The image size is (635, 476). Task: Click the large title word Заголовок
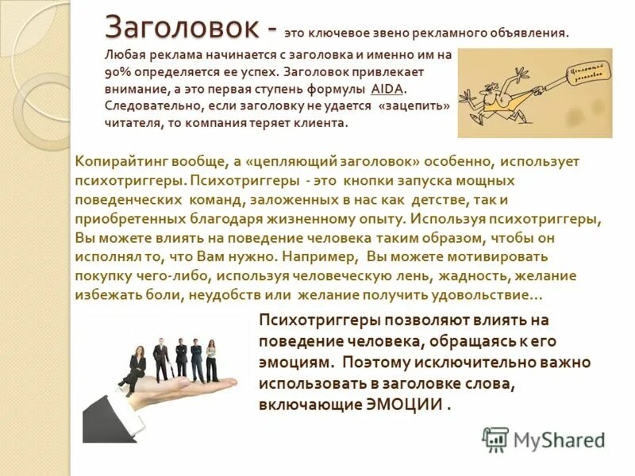(x=184, y=29)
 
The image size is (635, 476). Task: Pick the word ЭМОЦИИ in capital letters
(x=407, y=404)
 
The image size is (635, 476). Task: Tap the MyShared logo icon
(x=495, y=439)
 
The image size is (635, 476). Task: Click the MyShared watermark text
(x=560, y=440)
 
